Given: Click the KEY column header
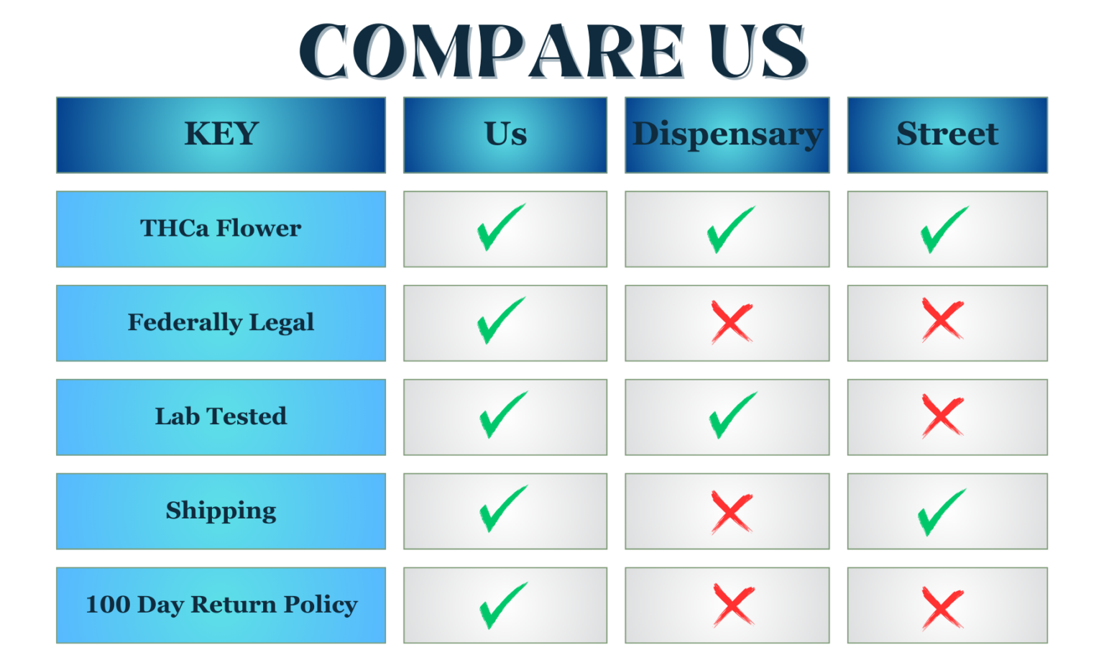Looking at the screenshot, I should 221,134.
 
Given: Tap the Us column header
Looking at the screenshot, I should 505,134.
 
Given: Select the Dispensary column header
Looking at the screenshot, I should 727,134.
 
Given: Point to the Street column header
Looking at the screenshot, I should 947,134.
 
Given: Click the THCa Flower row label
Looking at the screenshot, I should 221,229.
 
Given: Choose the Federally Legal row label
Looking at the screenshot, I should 221,323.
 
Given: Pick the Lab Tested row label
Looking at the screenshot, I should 221,417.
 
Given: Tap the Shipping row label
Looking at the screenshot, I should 221,511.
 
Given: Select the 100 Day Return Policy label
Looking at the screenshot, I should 221,605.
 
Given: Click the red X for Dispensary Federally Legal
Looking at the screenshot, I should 732,321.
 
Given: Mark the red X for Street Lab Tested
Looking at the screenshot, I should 942,416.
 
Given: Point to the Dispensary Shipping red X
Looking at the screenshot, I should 732,511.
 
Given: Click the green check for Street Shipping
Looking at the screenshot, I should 941,511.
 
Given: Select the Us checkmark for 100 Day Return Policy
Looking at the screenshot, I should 502,605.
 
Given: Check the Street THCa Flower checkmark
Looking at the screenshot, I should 944,229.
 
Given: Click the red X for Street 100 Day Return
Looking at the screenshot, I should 942,608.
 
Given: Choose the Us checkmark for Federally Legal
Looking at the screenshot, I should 500,320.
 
